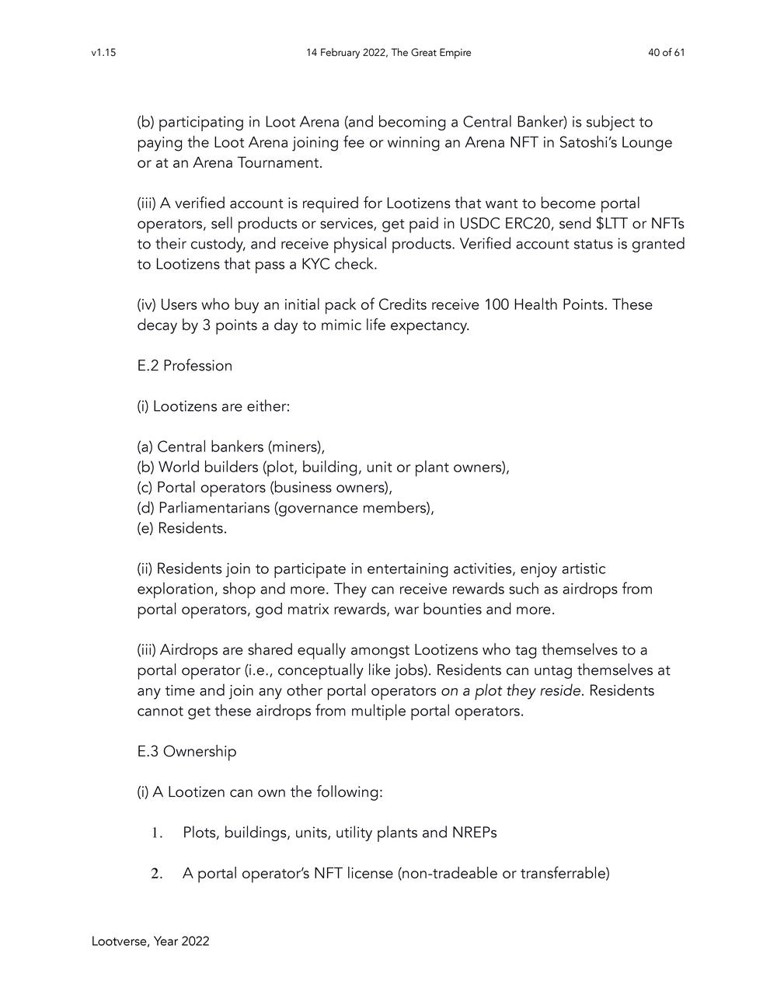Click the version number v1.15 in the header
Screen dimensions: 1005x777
[x=103, y=53]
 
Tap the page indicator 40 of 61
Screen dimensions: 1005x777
[x=666, y=53]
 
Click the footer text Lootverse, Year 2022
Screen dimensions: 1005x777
[x=150, y=941]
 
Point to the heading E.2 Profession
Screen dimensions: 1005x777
[x=184, y=366]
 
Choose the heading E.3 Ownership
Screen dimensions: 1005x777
[x=186, y=752]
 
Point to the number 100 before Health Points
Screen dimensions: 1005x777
[x=493, y=304]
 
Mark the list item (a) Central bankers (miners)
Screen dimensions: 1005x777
[x=231, y=447]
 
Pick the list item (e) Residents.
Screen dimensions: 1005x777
[x=182, y=528]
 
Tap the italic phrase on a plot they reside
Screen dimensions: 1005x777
[x=510, y=690]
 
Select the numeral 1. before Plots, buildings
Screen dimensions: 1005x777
[x=156, y=833]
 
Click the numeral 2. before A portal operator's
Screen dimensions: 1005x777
[x=156, y=874]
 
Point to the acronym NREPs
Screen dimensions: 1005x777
[x=474, y=833]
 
